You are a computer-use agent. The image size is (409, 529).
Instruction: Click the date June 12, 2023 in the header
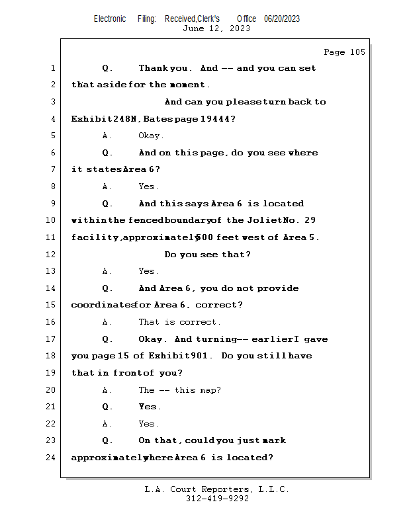coord(216,28)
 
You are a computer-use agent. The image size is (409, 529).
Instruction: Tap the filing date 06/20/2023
coord(282,19)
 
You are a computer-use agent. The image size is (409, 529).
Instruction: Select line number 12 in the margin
coord(52,255)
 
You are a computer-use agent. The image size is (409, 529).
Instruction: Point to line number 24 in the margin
coord(52,458)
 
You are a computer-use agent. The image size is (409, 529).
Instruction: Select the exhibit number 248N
coord(124,119)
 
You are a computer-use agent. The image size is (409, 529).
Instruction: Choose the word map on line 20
coord(210,390)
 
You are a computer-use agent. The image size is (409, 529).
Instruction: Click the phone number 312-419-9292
coord(217,499)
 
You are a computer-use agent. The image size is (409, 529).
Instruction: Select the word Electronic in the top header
coord(110,19)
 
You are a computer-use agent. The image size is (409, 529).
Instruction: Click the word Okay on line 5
coord(150,136)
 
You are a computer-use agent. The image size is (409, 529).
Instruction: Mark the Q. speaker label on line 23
coord(108,440)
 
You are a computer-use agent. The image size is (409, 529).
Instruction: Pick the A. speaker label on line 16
coord(107,322)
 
